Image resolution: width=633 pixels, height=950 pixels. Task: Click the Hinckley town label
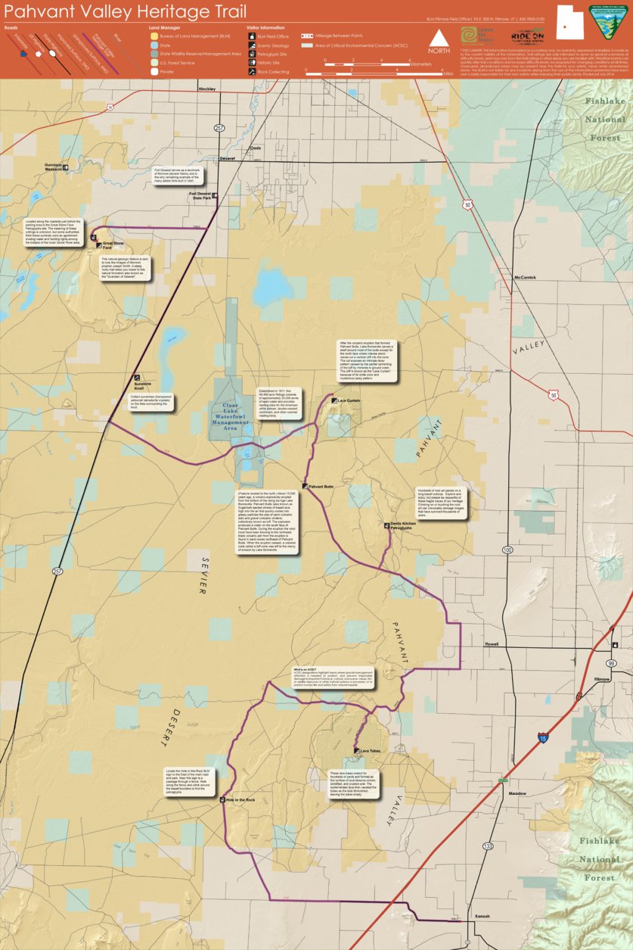click(206, 89)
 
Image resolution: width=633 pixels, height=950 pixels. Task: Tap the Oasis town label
click(256, 148)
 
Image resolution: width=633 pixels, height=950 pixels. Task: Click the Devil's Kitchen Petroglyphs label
click(402, 525)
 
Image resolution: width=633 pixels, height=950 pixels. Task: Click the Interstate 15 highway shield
click(543, 737)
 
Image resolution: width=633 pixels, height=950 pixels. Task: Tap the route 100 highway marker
click(507, 550)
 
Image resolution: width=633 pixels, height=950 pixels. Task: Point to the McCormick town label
click(525, 277)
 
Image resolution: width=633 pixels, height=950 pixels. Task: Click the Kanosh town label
click(482, 916)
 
